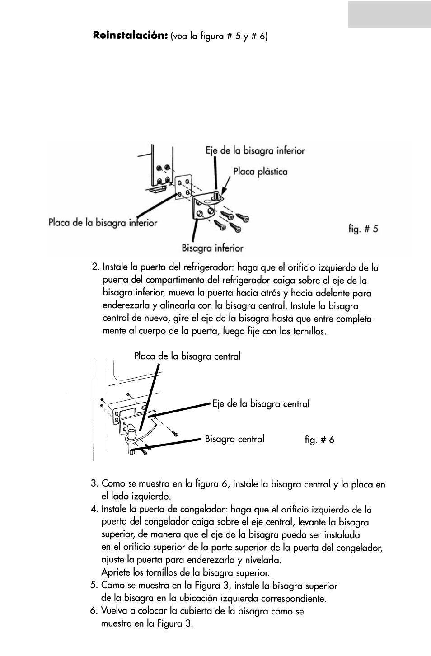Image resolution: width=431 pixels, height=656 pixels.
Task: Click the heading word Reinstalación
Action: pyautogui.click(x=131, y=35)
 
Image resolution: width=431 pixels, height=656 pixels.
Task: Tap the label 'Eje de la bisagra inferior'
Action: pyautogui.click(x=255, y=150)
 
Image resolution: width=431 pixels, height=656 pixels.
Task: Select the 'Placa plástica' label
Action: pyautogui.click(x=260, y=172)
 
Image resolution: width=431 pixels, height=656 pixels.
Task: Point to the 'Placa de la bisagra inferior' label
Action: pyautogui.click(x=103, y=223)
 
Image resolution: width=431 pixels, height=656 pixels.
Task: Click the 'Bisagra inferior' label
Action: pyautogui.click(x=212, y=248)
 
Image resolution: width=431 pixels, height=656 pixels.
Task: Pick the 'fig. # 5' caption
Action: pyautogui.click(x=363, y=229)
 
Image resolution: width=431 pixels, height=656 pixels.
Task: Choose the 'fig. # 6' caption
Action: pyautogui.click(x=319, y=440)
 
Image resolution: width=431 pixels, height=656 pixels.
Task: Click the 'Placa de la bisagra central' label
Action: pyautogui.click(x=187, y=356)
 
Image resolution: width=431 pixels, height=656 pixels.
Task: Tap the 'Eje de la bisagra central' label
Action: pyautogui.click(x=261, y=404)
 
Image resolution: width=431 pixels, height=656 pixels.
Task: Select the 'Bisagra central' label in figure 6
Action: pyautogui.click(x=234, y=439)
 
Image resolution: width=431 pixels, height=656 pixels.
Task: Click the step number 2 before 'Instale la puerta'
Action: pyautogui.click(x=94, y=267)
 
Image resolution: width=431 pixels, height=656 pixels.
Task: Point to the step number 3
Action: pyautogui.click(x=94, y=484)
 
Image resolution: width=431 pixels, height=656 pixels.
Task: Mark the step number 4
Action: pyautogui.click(x=94, y=509)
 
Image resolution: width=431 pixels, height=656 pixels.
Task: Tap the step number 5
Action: pyautogui.click(x=94, y=586)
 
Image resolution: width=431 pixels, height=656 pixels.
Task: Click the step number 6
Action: pyautogui.click(x=94, y=611)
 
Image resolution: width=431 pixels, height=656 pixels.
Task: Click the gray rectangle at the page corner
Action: pyautogui.click(x=389, y=14)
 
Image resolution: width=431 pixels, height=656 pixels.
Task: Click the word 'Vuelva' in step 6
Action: pyautogui.click(x=115, y=611)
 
